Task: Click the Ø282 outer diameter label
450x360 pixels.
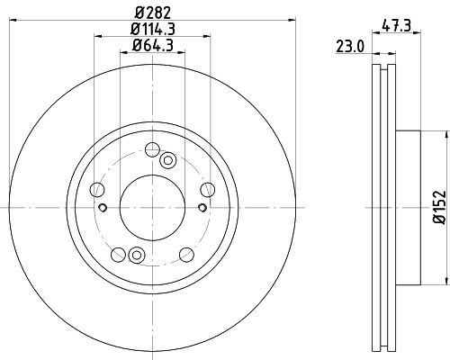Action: click(x=152, y=12)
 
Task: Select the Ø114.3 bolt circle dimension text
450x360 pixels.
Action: click(x=152, y=29)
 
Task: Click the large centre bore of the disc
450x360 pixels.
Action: click(x=152, y=206)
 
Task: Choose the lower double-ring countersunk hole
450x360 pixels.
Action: click(x=137, y=253)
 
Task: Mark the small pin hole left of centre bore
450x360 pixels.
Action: click(x=104, y=209)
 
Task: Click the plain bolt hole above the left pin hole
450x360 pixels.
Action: click(x=98, y=189)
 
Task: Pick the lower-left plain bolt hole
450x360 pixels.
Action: click(x=118, y=254)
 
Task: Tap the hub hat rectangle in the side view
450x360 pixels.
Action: click(x=407, y=206)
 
